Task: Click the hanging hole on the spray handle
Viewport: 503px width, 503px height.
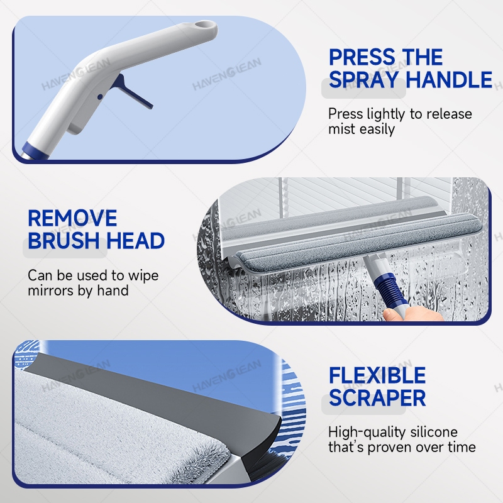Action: (x=204, y=25)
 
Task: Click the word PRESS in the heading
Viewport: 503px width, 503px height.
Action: (x=359, y=57)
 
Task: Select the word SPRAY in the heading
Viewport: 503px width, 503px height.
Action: (x=364, y=79)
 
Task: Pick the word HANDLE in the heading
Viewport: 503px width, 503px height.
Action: (x=449, y=79)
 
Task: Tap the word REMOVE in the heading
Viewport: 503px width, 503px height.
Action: (x=72, y=218)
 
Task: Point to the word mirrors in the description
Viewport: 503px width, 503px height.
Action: (x=50, y=290)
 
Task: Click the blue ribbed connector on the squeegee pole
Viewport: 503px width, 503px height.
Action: (x=386, y=287)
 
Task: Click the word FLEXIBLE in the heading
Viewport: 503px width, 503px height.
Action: (x=377, y=375)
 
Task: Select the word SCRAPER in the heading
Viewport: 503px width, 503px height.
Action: (x=377, y=398)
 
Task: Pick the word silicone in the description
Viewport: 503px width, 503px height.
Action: (x=433, y=432)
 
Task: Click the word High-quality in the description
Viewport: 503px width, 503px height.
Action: (x=367, y=433)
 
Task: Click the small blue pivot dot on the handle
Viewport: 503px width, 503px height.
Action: (x=100, y=97)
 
